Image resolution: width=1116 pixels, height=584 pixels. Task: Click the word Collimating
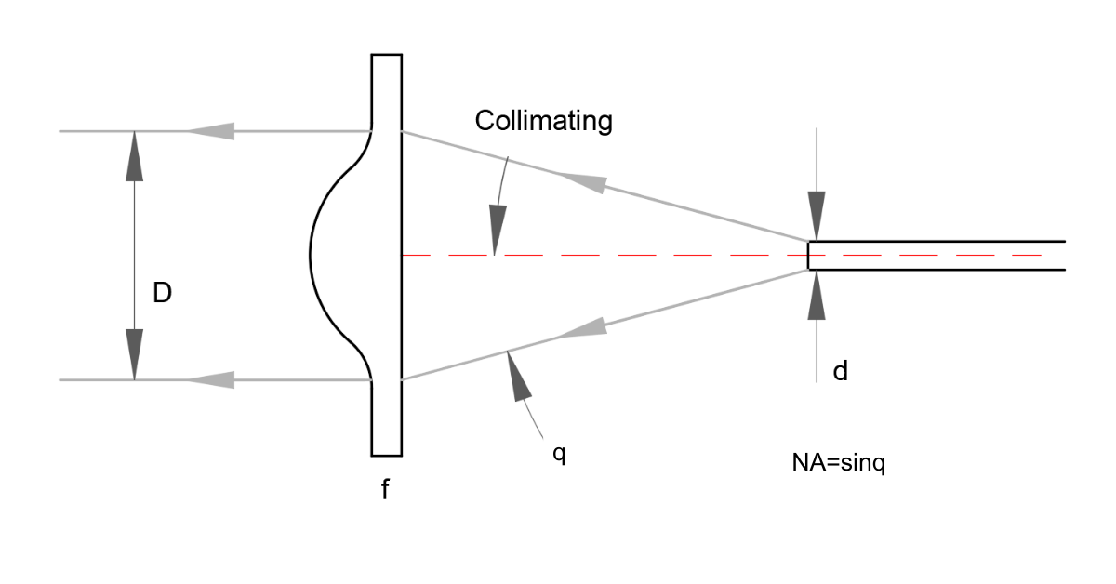[x=543, y=121]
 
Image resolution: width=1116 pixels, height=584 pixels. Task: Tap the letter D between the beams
[x=163, y=295]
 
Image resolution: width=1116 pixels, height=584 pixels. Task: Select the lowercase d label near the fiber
[x=840, y=372]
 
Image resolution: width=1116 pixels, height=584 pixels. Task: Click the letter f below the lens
[x=385, y=490]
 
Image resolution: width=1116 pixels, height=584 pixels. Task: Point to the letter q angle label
[x=558, y=457]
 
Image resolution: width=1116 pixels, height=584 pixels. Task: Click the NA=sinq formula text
[x=832, y=462]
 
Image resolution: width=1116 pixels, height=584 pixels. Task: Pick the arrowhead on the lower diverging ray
[x=586, y=326]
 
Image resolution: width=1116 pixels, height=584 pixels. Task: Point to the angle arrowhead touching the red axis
[x=496, y=232]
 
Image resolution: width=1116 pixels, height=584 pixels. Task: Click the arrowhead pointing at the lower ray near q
[x=516, y=376]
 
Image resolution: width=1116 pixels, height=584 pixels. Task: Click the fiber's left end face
[x=808, y=256]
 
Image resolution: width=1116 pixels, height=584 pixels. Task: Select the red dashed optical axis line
[x=651, y=255]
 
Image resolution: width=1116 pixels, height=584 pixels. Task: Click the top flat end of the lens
[x=387, y=56]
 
